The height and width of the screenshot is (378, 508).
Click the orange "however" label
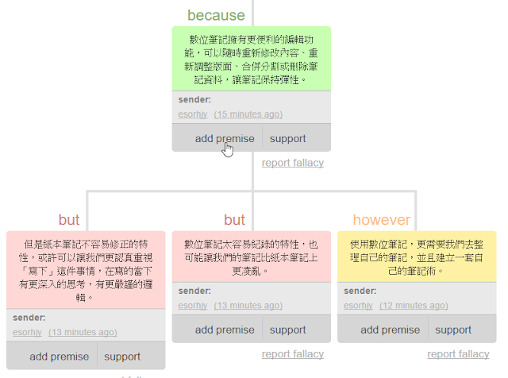coord(382,220)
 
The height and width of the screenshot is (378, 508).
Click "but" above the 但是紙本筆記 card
coord(69,220)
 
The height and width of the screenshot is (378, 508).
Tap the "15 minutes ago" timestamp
coord(248,114)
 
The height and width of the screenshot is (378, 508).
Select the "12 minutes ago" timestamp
coord(414,306)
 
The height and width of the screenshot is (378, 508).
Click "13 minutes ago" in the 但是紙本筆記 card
coord(83,332)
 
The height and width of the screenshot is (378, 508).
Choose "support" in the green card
coord(287,138)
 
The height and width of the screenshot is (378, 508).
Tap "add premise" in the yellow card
coord(391,330)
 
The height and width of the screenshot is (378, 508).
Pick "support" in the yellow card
coord(453,330)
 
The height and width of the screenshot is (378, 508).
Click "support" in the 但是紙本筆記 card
coord(122,357)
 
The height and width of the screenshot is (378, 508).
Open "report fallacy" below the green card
coord(293,163)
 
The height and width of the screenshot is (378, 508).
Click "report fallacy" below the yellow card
coord(458,354)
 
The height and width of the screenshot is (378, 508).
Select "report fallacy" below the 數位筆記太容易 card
coord(293,354)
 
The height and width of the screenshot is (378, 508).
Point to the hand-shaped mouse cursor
coord(228,148)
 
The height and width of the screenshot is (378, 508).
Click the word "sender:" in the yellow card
coord(360,291)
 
